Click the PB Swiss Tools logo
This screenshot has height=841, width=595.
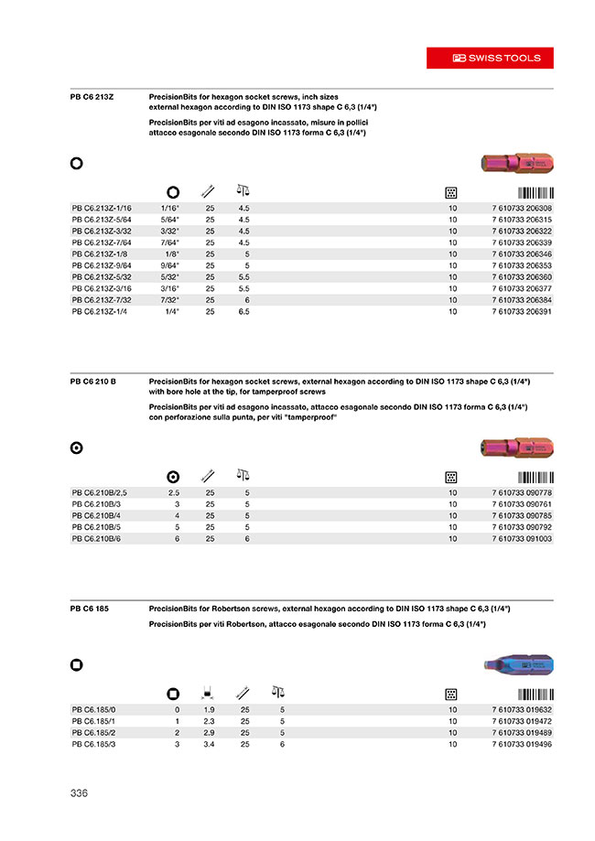(x=497, y=58)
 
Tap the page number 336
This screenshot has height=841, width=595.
(x=79, y=793)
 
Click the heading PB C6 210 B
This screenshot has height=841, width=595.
(x=92, y=380)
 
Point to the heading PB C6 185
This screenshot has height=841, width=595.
(x=89, y=608)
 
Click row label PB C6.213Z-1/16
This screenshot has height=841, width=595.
(x=102, y=209)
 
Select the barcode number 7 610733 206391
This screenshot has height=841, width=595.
(x=522, y=312)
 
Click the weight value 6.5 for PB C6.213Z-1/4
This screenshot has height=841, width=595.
(x=244, y=312)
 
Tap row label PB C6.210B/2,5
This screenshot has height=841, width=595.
(x=100, y=493)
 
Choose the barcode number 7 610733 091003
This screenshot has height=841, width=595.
(x=522, y=540)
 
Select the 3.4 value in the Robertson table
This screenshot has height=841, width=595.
(x=209, y=745)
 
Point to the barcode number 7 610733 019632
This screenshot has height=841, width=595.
(x=522, y=709)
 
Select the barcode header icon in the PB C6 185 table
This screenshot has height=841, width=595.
(x=535, y=693)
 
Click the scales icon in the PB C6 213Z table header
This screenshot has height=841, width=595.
(x=243, y=191)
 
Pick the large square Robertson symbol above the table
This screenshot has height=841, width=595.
(x=77, y=666)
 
